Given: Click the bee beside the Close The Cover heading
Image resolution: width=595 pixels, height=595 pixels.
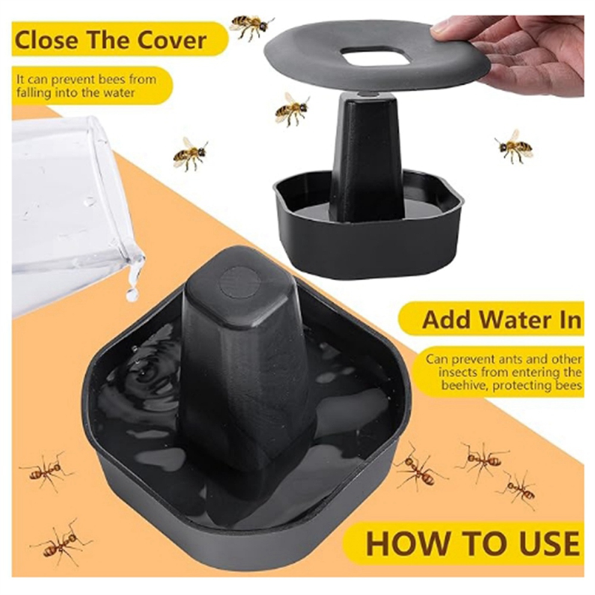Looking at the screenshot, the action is pos(251,26).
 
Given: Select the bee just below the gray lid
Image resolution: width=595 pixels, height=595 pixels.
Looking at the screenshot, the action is pos(291,109).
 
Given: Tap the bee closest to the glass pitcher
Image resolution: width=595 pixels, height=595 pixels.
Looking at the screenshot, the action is pos(190,154).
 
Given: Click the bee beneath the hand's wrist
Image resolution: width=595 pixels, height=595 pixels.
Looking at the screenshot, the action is pos(514,147).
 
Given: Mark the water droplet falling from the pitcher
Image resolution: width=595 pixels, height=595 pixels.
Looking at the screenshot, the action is pos(132,295).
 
